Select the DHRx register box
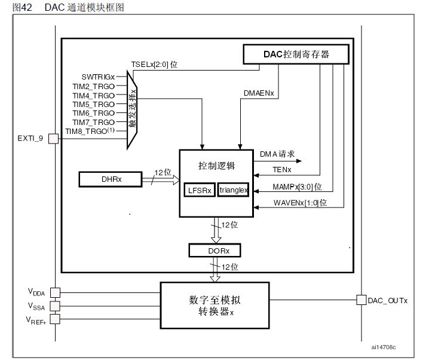[x=110, y=178]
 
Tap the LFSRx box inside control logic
[x=198, y=190]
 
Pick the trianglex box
[x=233, y=190]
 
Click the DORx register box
[x=215, y=250]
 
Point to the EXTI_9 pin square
[x=53, y=138]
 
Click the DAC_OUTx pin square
[x=361, y=300]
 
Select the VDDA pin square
[x=55, y=292]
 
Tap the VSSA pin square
[x=55, y=306]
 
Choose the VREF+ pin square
[x=55, y=320]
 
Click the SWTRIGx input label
[x=98, y=77]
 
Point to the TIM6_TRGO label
[x=93, y=113]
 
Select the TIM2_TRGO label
[x=93, y=86]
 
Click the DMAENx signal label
[x=259, y=93]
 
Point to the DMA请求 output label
[x=277, y=154]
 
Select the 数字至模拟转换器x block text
[x=215, y=305]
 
